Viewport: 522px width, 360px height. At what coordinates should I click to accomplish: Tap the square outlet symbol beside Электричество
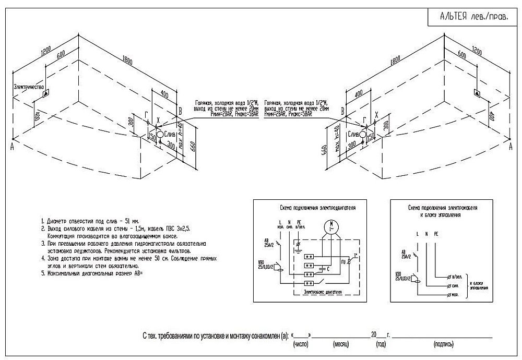(46, 93)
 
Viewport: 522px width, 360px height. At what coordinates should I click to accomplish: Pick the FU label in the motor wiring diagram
(342, 261)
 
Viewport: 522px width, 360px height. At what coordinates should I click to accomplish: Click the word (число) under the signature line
(302, 345)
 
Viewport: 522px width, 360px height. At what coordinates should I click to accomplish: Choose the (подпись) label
(443, 345)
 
